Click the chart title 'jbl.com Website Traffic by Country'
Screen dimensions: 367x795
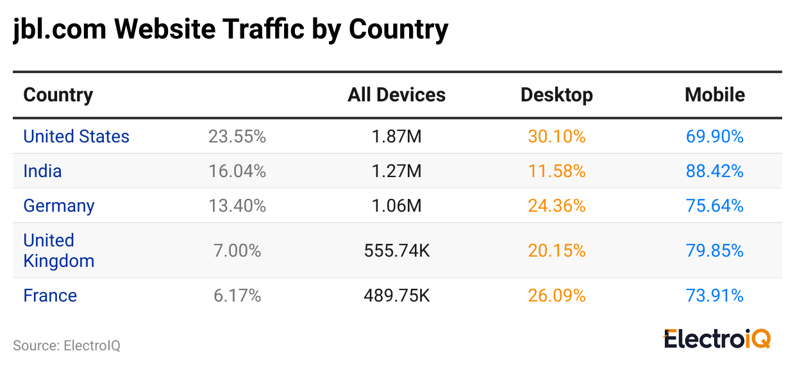(230, 30)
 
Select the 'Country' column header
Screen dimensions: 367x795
(58, 95)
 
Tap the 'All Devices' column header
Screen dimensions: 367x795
(396, 95)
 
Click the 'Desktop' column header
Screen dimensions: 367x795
(556, 95)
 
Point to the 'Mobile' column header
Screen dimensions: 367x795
(715, 95)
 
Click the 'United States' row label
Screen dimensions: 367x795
(76, 137)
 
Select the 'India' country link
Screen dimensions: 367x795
(42, 171)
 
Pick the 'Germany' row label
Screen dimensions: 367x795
(59, 206)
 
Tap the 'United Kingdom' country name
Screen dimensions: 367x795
(58, 250)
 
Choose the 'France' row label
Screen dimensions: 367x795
(50, 296)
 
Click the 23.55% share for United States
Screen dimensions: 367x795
(237, 137)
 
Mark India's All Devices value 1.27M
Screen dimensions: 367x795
(397, 171)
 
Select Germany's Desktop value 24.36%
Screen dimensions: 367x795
(556, 206)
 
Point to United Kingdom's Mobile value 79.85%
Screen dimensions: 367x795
(715, 250)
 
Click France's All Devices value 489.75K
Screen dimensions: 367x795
(397, 296)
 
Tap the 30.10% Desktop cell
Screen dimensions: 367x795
(556, 137)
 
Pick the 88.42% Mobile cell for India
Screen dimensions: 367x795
(715, 171)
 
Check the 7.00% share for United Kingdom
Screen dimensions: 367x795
(237, 250)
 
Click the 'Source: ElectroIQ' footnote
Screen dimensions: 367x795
(67, 346)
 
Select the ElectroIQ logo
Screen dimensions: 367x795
(717, 339)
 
